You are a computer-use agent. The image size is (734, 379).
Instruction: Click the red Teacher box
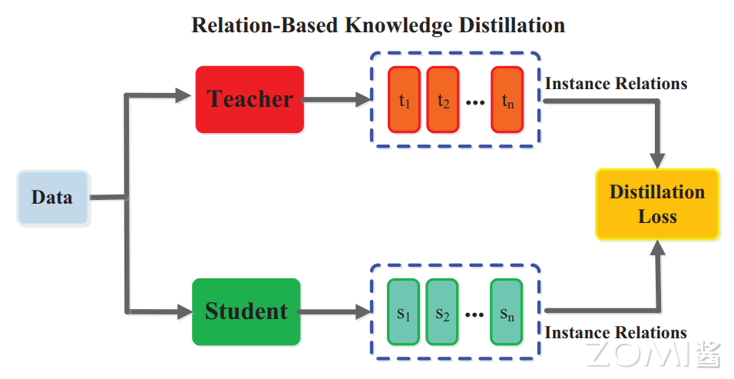point(250,99)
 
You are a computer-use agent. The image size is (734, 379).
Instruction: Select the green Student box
point(246,311)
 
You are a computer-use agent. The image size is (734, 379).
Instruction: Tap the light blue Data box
point(53,198)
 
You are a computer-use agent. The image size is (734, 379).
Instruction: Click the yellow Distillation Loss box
point(657,204)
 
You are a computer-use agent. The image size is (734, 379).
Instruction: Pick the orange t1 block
point(404,100)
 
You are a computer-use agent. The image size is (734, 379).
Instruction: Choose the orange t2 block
point(442,100)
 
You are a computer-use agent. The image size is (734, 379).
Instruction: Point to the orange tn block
point(507,100)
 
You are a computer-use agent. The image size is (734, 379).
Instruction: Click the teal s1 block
point(403,312)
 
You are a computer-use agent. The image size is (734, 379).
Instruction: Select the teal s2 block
point(441,312)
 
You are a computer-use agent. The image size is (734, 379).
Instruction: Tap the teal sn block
point(506,312)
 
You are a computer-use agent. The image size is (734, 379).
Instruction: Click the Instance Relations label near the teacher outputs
point(616,83)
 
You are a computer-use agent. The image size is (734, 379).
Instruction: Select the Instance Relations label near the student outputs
point(616,333)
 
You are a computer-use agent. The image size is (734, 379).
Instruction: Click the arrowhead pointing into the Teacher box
point(183,96)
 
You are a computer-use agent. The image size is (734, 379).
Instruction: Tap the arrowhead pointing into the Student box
point(183,311)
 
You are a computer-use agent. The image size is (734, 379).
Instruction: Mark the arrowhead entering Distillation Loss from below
point(658,248)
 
